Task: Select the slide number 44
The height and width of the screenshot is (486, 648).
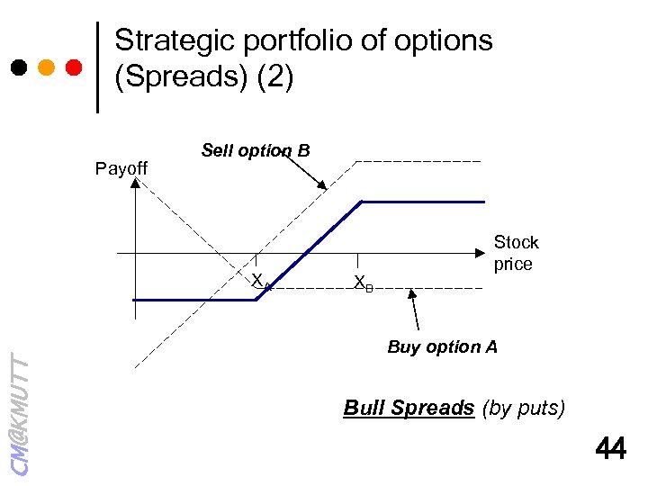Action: (x=610, y=447)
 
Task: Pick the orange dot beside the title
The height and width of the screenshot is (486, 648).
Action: (x=47, y=67)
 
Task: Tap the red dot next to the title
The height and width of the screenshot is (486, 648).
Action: (x=75, y=67)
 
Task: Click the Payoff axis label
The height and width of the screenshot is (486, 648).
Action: (x=121, y=168)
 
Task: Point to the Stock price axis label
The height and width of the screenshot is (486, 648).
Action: (x=516, y=253)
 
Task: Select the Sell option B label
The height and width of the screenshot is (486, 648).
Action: (x=256, y=150)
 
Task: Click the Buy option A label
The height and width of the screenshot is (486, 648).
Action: (x=442, y=346)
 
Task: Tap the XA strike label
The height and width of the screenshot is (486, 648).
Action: (x=260, y=282)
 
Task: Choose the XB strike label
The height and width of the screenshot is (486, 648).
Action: (x=363, y=283)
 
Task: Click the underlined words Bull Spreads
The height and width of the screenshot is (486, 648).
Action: (x=409, y=408)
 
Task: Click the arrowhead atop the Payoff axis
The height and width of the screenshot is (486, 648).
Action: (x=134, y=184)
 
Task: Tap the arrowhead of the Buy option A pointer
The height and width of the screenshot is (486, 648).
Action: (x=412, y=292)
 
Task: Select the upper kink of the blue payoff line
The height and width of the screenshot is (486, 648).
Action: (x=362, y=202)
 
